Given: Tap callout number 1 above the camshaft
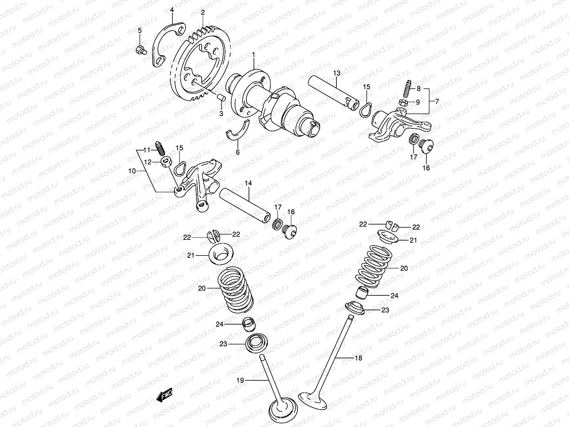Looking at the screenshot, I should pyautogui.click(x=254, y=54).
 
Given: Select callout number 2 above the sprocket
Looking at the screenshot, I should pyautogui.click(x=203, y=12).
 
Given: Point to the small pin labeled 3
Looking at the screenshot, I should pyautogui.click(x=220, y=97).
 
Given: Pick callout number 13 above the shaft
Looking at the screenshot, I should pyautogui.click(x=337, y=73).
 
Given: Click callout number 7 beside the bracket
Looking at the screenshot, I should pyautogui.click(x=437, y=101).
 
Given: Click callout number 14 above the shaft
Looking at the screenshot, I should pyautogui.click(x=248, y=183).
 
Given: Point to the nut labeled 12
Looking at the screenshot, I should pyautogui.click(x=165, y=163).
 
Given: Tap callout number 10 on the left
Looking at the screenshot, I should pyautogui.click(x=132, y=171).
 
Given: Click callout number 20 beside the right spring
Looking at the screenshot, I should pyautogui.click(x=404, y=268).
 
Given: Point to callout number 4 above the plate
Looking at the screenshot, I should pyautogui.click(x=172, y=10).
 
